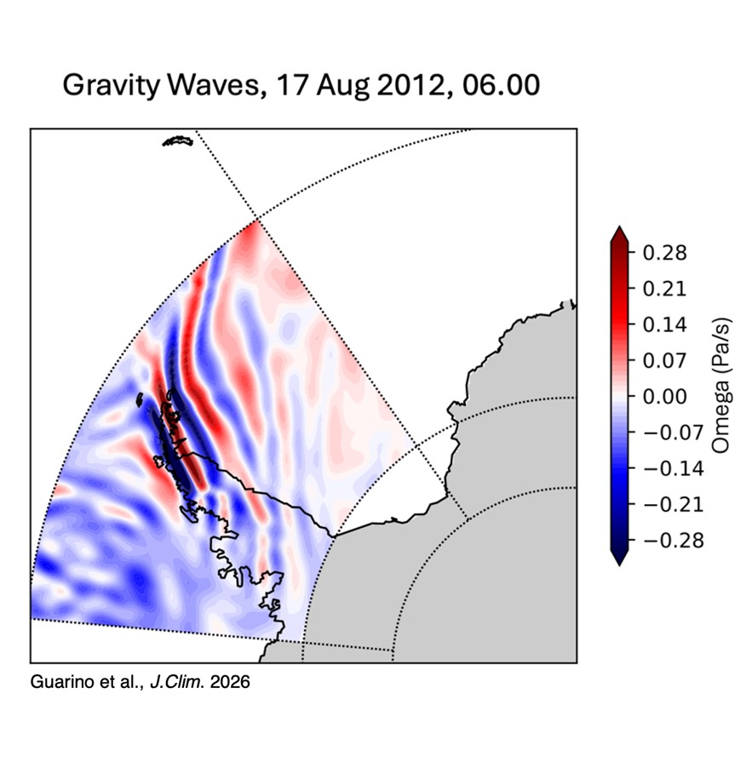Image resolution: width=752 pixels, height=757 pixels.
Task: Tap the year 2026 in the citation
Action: pyautogui.click(x=232, y=683)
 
